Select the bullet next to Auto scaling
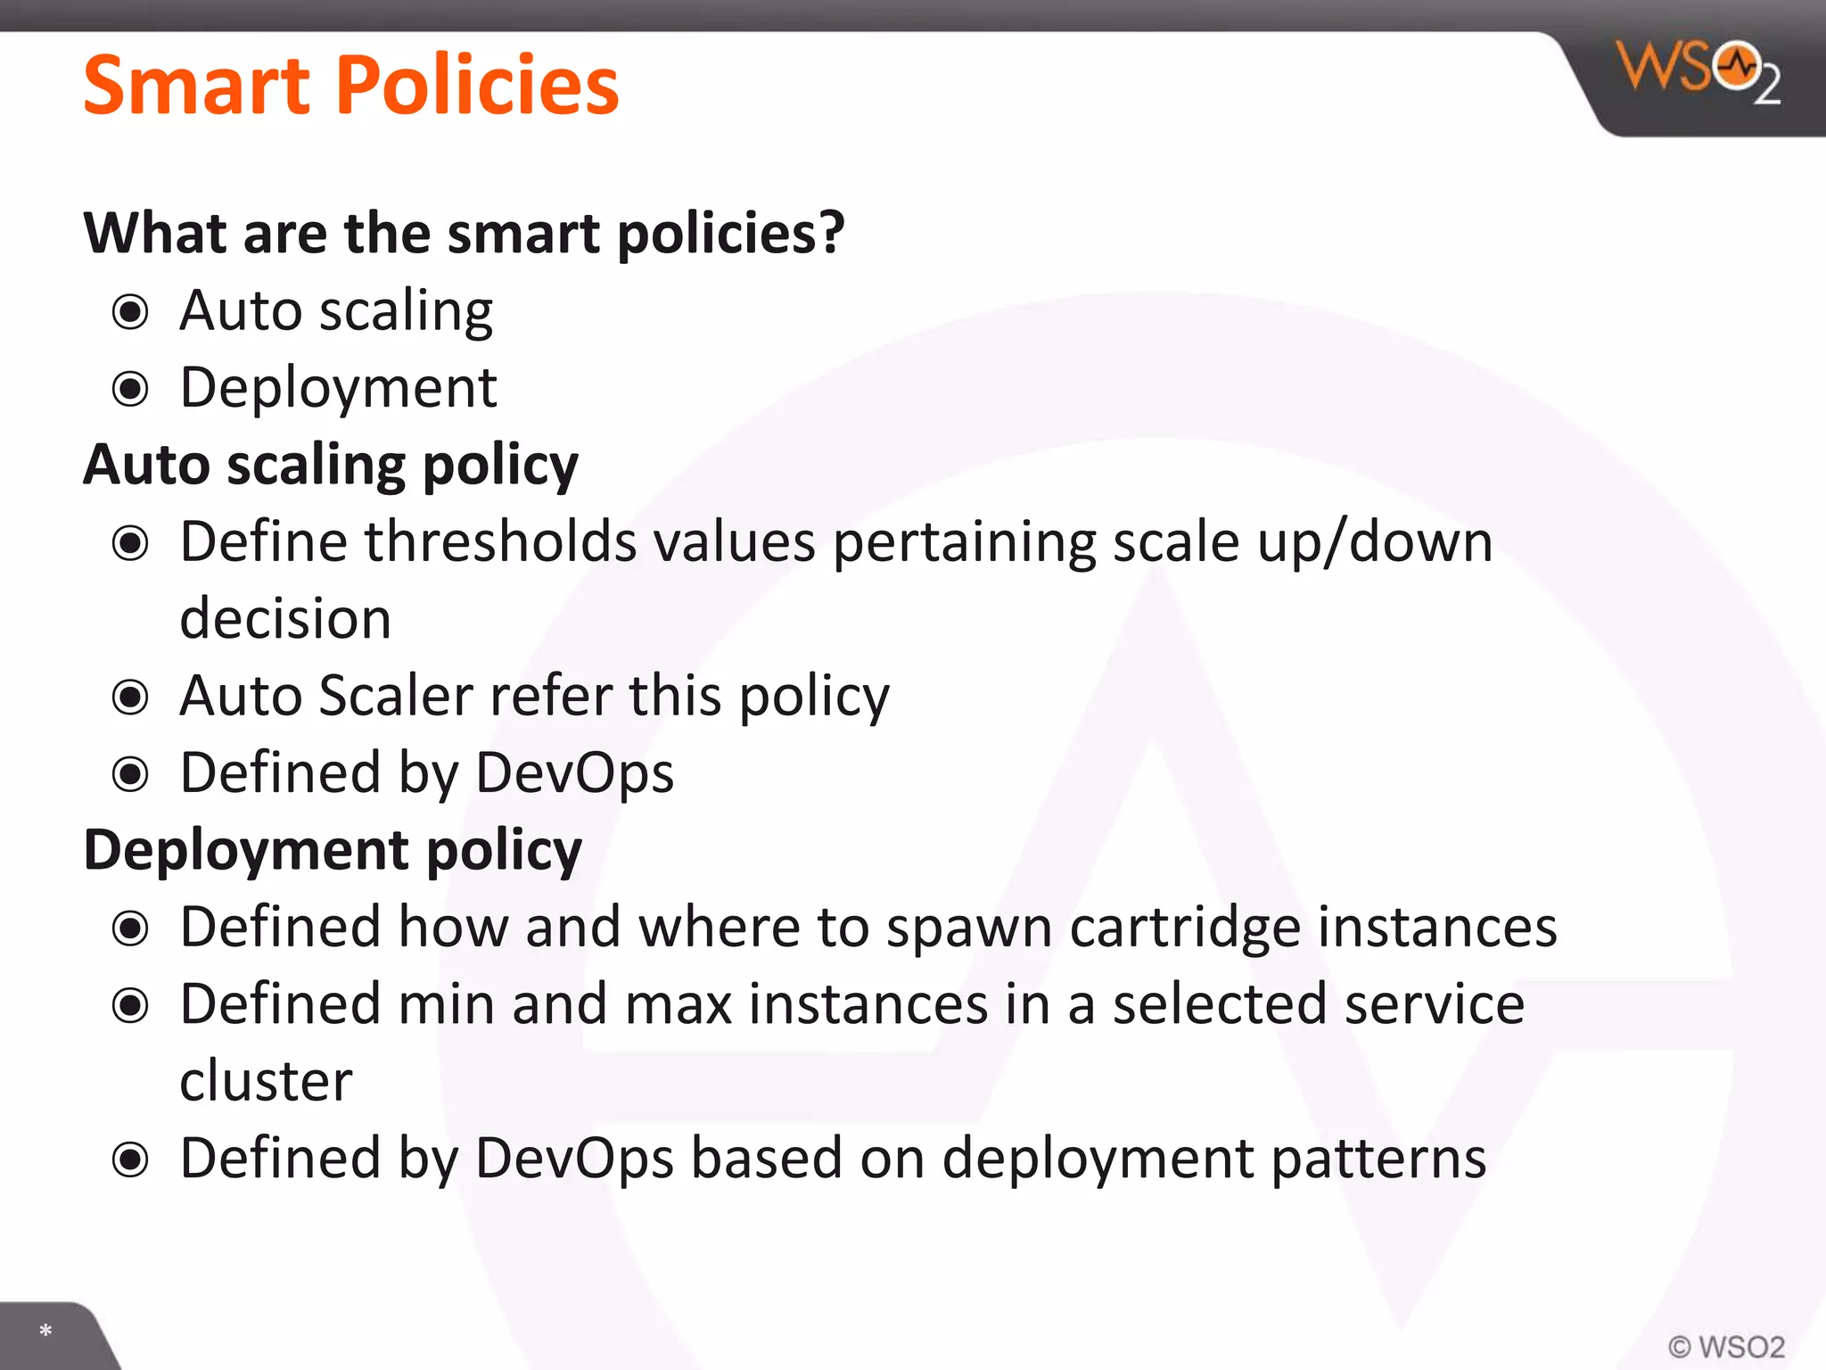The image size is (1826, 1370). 130,312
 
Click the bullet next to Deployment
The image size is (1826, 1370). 130,389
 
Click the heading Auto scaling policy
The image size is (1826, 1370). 331,466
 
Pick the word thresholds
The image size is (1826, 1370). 500,542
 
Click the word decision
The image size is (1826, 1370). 285,619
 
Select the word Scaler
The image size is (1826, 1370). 396,697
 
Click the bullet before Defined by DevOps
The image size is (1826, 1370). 130,774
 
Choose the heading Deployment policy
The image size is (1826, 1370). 333,850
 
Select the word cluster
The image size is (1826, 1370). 266,1082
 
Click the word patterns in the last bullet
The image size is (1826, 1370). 1378,1160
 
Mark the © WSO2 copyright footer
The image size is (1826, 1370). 1726,1346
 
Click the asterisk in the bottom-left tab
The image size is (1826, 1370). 45,1332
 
